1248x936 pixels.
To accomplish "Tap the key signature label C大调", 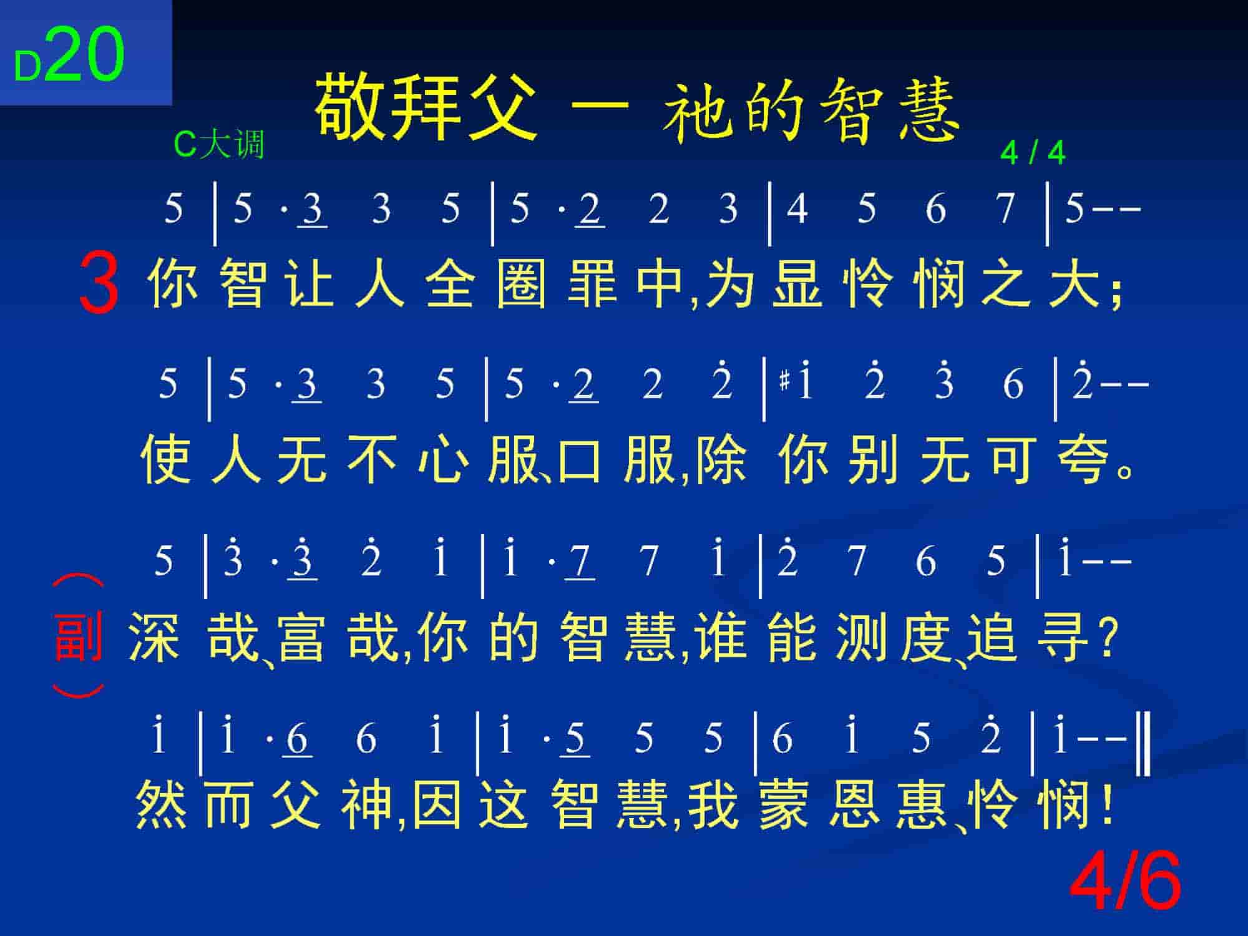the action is [219, 144].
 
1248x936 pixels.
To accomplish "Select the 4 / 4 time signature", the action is [1033, 153].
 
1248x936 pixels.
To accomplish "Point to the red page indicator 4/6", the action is [1126, 881].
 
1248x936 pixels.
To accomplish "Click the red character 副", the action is [79, 636].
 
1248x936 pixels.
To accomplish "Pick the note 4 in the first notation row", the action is [797, 208].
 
